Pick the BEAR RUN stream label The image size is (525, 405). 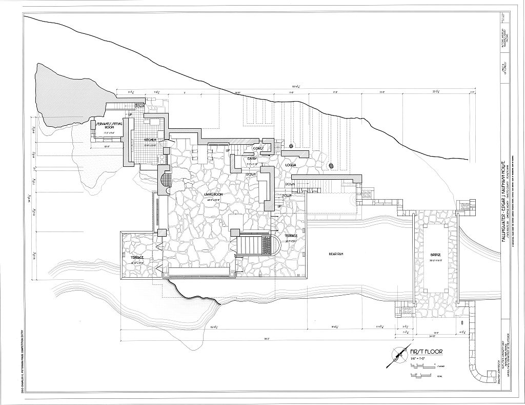[336, 254]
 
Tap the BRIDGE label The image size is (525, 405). [436, 255]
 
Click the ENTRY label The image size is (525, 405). [252, 159]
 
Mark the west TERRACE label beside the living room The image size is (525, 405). [137, 257]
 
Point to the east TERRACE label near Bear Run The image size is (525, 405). [292, 236]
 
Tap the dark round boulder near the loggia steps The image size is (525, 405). [331, 166]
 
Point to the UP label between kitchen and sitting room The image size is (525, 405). [130, 114]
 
